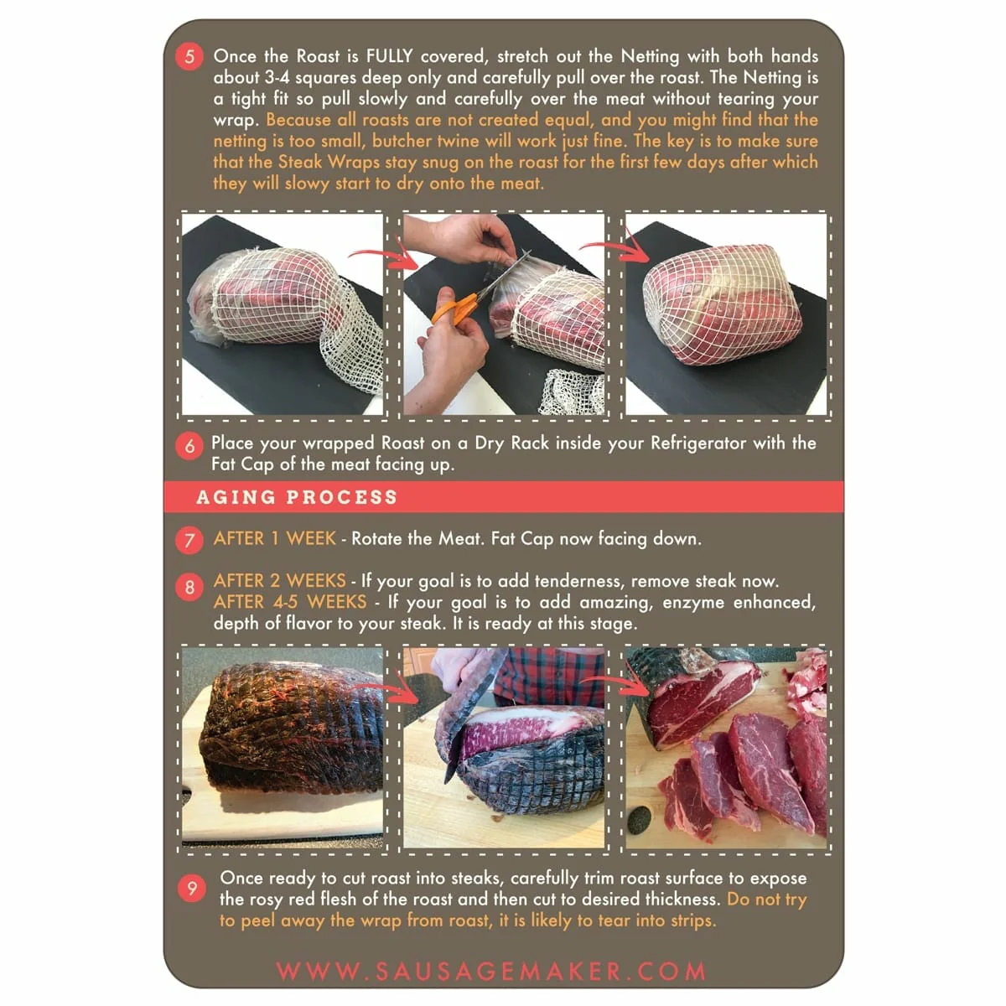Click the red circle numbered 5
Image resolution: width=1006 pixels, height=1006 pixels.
(x=189, y=57)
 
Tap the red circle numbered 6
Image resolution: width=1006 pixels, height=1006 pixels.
(x=189, y=446)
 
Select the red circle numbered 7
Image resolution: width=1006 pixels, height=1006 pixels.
(x=189, y=540)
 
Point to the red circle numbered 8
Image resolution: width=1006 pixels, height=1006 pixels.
(x=189, y=588)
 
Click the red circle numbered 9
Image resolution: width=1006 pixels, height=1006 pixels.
(x=192, y=889)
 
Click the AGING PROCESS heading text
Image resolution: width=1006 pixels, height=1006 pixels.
(x=297, y=497)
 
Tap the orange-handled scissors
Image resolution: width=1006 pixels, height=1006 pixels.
(x=454, y=309)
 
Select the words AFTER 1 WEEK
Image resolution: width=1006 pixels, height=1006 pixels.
(x=274, y=539)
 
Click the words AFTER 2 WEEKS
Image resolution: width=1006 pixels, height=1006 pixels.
(x=279, y=581)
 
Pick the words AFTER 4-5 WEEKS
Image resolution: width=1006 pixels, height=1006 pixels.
(x=289, y=602)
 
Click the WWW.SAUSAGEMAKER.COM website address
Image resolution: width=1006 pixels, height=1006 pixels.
(x=491, y=972)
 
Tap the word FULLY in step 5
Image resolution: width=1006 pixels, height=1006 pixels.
(x=389, y=57)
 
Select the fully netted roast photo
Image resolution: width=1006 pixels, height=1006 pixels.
(x=726, y=314)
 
